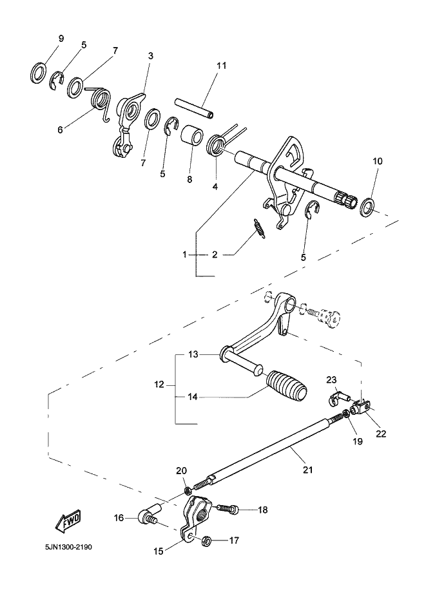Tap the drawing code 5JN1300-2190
[68, 547]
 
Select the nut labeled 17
[206, 541]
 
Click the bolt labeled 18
[227, 508]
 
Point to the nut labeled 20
[188, 490]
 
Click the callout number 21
[307, 470]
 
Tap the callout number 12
[159, 384]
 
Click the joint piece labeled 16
[150, 517]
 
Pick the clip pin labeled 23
[338, 397]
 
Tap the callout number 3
[150, 56]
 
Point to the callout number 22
[381, 434]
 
